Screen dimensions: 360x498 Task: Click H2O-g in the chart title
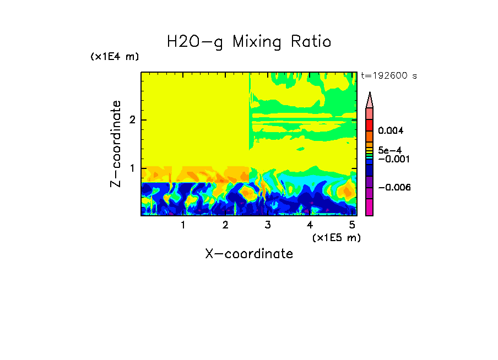tap(195, 42)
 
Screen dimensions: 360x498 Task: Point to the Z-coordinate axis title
tap(116, 144)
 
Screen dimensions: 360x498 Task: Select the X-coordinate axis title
tap(249, 254)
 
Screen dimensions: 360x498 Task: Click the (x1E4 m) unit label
tap(115, 57)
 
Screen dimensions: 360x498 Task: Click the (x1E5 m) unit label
tap(336, 237)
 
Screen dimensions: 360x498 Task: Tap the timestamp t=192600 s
tap(388, 75)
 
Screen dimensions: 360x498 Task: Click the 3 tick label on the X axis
tap(268, 225)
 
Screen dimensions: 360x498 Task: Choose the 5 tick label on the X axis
tap(352, 225)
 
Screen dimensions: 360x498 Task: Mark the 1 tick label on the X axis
tap(183, 225)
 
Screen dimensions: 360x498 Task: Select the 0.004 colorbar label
tap(391, 131)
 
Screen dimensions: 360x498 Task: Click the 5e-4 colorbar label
tap(390, 150)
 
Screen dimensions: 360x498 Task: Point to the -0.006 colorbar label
tap(392, 187)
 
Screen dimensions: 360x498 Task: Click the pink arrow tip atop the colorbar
tap(369, 100)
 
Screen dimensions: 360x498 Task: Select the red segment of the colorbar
tap(369, 124)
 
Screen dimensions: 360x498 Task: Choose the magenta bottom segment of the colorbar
tap(369, 208)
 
